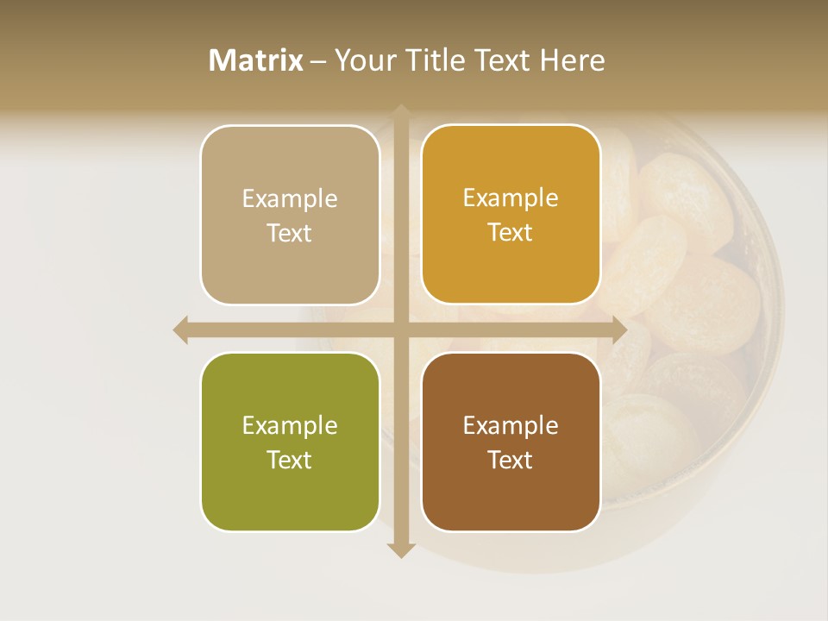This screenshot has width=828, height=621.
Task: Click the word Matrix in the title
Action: [256, 60]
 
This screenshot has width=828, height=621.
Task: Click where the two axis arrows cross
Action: [401, 329]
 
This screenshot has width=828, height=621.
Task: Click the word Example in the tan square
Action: [290, 199]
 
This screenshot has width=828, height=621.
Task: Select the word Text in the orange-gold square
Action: [511, 233]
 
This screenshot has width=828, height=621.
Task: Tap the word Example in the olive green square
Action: [290, 426]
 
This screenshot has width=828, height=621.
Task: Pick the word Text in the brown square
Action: [511, 461]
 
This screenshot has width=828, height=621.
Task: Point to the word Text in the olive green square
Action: [290, 461]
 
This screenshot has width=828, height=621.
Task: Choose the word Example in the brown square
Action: [511, 426]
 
